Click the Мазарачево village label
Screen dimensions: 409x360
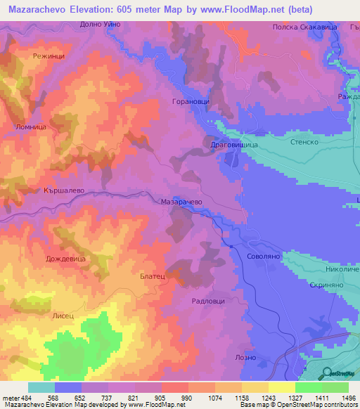pyautogui.click(x=182, y=201)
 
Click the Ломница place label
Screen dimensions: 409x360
pyautogui.click(x=30, y=127)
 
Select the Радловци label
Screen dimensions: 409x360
pyautogui.click(x=208, y=300)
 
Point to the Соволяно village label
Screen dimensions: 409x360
pyautogui.click(x=264, y=257)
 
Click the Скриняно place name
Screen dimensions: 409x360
pyautogui.click(x=324, y=287)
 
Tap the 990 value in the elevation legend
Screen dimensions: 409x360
pyautogui.click(x=174, y=398)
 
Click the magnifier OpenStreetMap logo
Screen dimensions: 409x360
pyautogui.click(x=327, y=373)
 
